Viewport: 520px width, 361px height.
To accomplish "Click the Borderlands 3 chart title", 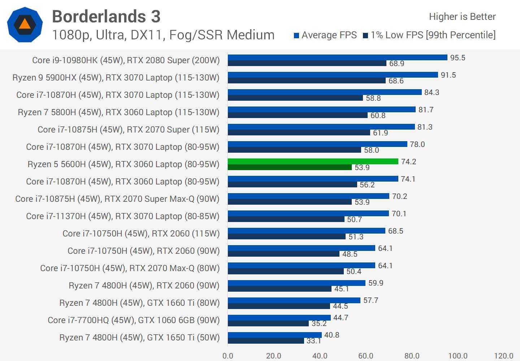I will tap(106, 17).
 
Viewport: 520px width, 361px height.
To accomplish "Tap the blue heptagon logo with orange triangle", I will tap(25, 25).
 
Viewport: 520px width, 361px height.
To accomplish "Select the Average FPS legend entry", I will tap(325, 35).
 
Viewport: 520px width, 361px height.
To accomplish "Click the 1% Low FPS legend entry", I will tap(429, 35).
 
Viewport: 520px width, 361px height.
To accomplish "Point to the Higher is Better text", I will tap(462, 17).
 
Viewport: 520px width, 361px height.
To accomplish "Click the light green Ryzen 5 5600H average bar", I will tap(313, 161).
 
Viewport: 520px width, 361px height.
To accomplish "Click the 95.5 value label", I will tap(458, 58).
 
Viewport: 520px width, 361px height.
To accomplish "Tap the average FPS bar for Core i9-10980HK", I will tap(337, 57).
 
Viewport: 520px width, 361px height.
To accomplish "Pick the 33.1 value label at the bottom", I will tap(314, 341).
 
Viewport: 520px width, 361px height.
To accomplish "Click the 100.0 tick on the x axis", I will tap(458, 356).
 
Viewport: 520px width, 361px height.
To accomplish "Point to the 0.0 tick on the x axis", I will tap(228, 356).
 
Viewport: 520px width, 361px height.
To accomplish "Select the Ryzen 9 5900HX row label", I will tap(116, 78).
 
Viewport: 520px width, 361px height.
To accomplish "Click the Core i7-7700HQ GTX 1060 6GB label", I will tap(134, 320).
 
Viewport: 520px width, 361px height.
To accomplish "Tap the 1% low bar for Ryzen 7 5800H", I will tap(298, 116).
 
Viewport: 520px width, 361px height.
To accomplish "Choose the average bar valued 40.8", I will tap(274, 335).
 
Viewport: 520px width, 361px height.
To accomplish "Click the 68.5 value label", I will tap(395, 231).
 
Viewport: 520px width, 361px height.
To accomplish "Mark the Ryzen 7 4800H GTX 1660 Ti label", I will tap(139, 303).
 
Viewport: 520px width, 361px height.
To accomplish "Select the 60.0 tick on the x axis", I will tap(365, 356).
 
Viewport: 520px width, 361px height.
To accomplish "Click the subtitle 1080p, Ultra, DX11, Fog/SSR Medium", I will tap(163, 35).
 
